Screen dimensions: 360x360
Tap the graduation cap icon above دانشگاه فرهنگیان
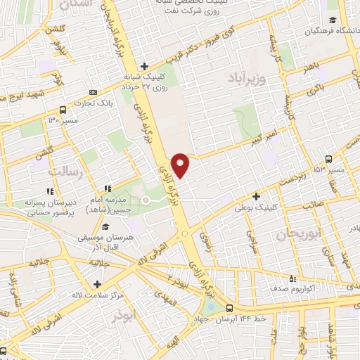[x=333, y=20]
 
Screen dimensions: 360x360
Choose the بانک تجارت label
[x=96, y=103]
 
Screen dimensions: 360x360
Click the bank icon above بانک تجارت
[x=94, y=92]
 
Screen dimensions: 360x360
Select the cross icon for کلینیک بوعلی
[x=257, y=196]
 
